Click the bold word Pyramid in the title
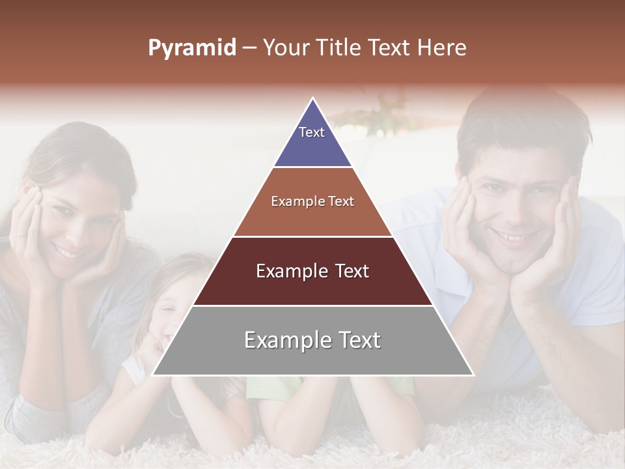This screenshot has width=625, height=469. point(192,48)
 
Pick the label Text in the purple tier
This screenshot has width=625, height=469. point(312,132)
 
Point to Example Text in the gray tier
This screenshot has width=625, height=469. point(312,340)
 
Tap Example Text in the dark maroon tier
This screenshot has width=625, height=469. point(312,271)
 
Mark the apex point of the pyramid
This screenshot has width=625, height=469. point(313,99)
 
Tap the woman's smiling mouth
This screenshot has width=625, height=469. point(66,250)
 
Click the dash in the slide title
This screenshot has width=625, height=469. point(249,48)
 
